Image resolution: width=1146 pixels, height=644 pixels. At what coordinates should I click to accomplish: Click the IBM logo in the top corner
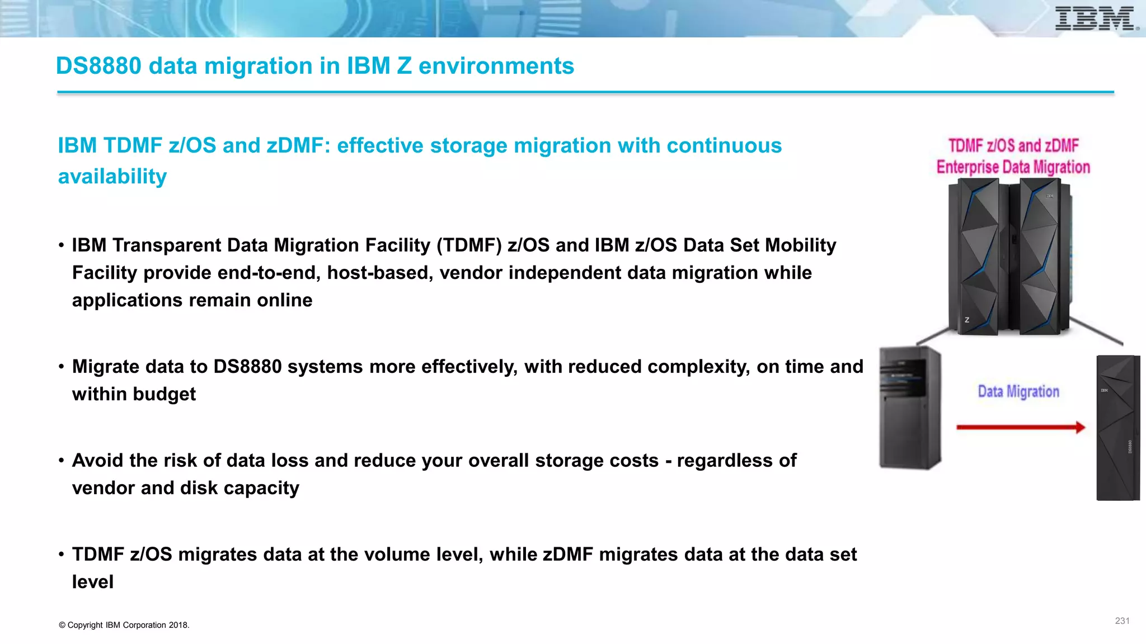click(x=1096, y=19)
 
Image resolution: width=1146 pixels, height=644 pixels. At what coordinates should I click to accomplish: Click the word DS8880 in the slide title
click(x=98, y=66)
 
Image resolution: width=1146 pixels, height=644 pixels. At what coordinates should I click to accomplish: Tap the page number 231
click(x=1122, y=621)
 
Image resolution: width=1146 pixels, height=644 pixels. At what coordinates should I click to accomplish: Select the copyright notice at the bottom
click(x=124, y=625)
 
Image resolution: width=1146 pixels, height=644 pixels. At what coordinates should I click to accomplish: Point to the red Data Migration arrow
click(x=1020, y=428)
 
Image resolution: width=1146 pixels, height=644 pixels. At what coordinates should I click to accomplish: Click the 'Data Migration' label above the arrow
click(x=1018, y=391)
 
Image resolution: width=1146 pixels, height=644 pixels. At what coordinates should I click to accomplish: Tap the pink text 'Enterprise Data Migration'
click(x=1013, y=167)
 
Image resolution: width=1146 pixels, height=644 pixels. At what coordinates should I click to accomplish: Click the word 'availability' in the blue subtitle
click(x=112, y=177)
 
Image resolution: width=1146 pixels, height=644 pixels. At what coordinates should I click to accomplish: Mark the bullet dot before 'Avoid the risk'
click(x=62, y=461)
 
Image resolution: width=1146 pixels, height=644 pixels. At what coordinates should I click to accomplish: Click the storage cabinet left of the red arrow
click(x=909, y=408)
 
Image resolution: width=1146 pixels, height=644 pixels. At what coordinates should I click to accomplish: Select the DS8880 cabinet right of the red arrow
click(x=1117, y=428)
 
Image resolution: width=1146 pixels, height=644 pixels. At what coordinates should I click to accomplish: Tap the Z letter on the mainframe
click(x=966, y=320)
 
